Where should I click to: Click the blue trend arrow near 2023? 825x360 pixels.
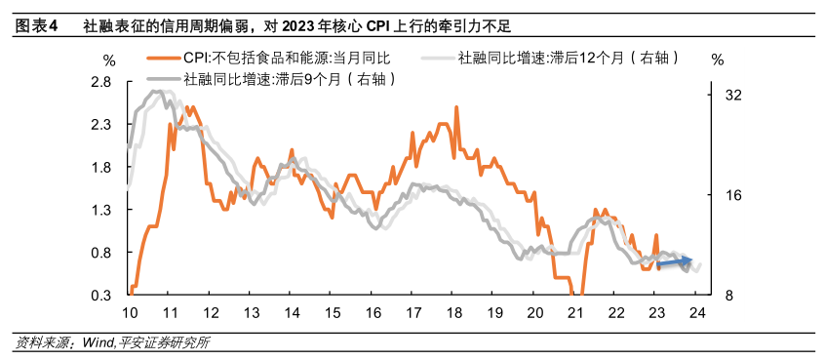[x=674, y=261]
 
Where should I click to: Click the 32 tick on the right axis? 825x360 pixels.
[x=733, y=96]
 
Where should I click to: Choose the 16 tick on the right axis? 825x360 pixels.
[x=733, y=195]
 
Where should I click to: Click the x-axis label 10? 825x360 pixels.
[x=129, y=313]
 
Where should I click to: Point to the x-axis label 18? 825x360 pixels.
[x=453, y=313]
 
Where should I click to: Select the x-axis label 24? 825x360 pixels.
[x=697, y=313]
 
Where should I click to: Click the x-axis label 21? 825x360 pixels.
[x=575, y=313]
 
